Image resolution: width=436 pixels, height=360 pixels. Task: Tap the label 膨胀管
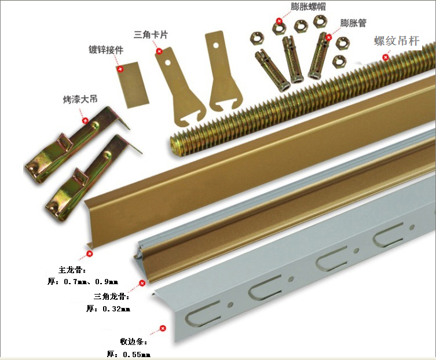(x=354, y=23)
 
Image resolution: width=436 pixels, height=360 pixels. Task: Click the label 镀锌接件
(x=105, y=50)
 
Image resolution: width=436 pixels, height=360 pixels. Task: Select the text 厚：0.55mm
(x=129, y=354)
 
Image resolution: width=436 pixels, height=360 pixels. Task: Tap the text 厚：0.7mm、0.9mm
(x=82, y=282)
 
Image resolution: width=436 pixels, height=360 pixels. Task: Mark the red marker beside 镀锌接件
(x=120, y=68)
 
